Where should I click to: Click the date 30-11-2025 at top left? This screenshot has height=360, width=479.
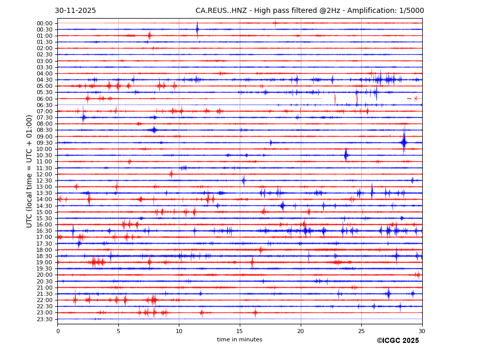click(x=75, y=11)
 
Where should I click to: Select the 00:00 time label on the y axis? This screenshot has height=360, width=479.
click(x=44, y=23)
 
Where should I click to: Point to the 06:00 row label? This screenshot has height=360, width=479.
click(x=44, y=99)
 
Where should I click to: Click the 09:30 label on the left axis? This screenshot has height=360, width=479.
click(x=44, y=143)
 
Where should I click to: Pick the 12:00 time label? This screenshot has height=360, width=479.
click(x=44, y=174)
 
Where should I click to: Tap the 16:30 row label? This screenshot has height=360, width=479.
click(x=44, y=231)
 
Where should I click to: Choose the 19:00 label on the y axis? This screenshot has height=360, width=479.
click(x=44, y=262)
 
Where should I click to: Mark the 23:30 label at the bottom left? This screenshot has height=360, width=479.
click(x=44, y=319)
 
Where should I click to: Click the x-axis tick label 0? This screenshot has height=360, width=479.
click(x=58, y=331)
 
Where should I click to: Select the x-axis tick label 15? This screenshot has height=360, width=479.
click(x=240, y=331)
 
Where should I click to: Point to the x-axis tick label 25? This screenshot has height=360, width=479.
click(x=361, y=331)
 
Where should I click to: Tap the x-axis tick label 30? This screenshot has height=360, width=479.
click(x=422, y=331)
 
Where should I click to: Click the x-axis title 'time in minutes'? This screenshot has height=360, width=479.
click(x=240, y=340)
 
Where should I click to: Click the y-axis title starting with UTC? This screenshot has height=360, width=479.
click(x=30, y=171)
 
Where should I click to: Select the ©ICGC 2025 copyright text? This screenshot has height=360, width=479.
click(x=398, y=341)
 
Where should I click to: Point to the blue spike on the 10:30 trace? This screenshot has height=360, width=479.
click(x=346, y=155)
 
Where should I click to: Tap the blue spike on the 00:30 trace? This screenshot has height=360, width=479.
click(x=197, y=29)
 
